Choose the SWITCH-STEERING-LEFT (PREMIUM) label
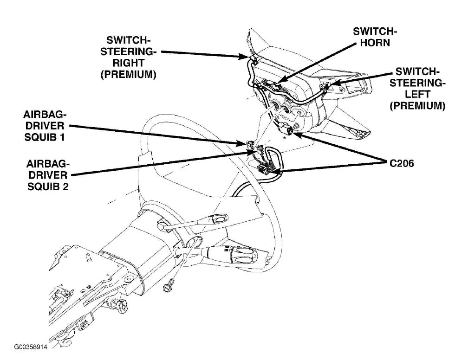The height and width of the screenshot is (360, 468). pos(417,89)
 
